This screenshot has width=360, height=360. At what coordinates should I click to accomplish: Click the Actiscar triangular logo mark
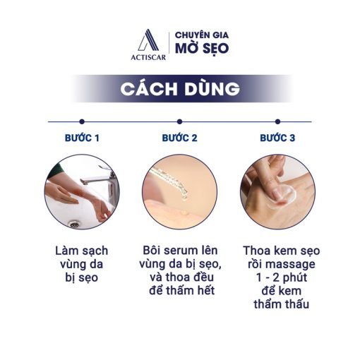[148, 40]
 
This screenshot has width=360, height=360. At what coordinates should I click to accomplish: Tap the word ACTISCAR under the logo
[148, 57]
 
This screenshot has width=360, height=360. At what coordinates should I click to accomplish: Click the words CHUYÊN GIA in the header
[202, 35]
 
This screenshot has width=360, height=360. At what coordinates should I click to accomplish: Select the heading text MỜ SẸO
[202, 49]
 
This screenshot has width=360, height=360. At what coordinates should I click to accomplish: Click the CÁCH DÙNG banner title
[180, 89]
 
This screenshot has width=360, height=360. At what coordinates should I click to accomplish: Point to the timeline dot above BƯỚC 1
[82, 121]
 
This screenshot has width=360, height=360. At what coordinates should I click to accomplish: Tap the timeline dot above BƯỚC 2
[179, 121]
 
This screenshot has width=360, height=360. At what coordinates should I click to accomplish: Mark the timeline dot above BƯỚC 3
[277, 121]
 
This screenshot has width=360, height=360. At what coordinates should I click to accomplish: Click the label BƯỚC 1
[82, 138]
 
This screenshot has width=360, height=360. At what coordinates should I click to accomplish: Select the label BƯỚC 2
[179, 138]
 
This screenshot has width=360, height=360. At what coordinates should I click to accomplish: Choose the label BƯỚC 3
[277, 138]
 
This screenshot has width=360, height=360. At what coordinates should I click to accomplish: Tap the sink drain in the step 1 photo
[75, 224]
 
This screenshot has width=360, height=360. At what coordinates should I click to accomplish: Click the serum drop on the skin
[184, 212]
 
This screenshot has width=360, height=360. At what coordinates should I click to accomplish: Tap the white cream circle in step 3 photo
[282, 197]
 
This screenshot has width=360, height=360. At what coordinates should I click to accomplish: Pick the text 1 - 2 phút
[282, 278]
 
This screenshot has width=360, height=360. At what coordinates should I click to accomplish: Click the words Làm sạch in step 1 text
[82, 251]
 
